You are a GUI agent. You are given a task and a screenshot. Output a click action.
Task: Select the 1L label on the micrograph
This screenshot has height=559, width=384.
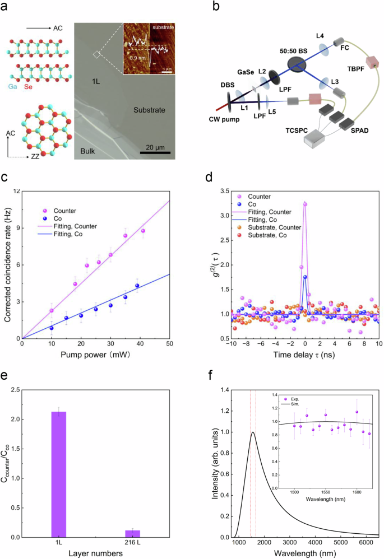pos(96,82)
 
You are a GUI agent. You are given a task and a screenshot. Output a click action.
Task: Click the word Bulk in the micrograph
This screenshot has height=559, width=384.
pos(86,151)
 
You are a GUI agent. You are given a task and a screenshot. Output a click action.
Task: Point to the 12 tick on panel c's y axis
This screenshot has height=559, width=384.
pos(16,191)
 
